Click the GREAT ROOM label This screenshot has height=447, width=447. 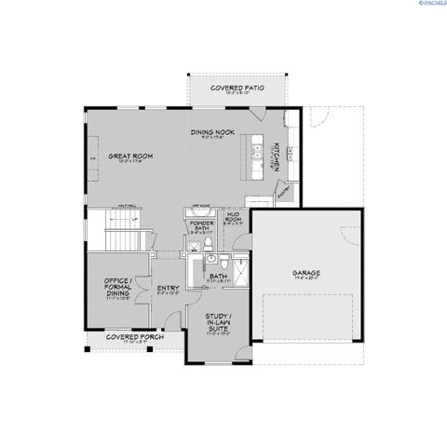pos(129,156)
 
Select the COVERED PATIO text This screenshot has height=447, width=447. pos(237,88)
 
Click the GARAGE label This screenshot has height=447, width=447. pos(306,273)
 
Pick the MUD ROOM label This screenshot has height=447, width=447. pos(234,222)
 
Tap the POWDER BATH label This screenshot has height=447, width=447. pos(200,226)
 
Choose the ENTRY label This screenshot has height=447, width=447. pos(169,289)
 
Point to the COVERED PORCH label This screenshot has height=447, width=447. pos(129,336)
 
